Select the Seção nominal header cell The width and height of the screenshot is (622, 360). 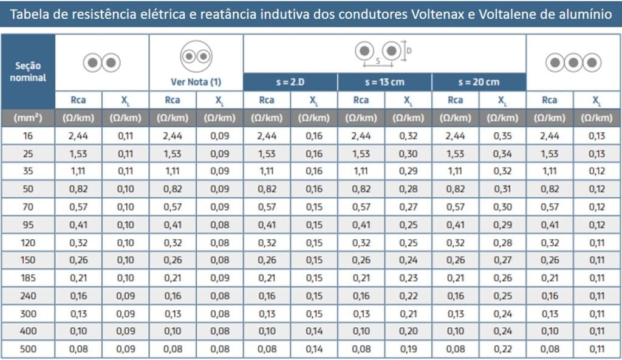click(28, 71)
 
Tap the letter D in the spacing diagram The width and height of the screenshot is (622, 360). click(409, 51)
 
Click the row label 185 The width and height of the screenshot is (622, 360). click(28, 279)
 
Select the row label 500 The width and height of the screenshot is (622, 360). click(28, 350)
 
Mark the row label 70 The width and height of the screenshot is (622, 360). click(28, 208)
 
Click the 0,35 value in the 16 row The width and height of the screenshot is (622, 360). click(502, 136)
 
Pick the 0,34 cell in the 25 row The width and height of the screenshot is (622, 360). click(502, 154)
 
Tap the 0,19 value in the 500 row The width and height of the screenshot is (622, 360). click(408, 350)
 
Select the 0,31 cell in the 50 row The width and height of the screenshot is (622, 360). click(502, 189)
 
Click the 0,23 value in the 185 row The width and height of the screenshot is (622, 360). click(408, 279)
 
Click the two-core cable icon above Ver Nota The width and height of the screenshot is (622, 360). click(196, 56)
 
